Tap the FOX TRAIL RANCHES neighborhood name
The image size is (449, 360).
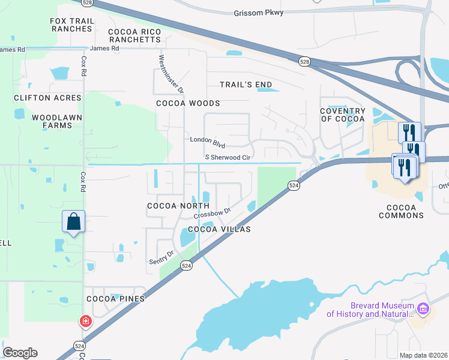(x=72, y=25)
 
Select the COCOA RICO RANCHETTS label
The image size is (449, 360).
(x=134, y=35)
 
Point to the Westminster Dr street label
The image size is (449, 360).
(x=170, y=74)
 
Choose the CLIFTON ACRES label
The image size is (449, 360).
(x=47, y=98)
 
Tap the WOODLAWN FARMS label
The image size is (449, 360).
(x=52, y=121)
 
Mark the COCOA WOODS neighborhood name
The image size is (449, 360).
(x=188, y=103)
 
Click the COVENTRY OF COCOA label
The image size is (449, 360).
(x=342, y=115)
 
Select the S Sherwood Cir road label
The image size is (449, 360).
(x=228, y=157)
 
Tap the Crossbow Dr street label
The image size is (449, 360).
(x=212, y=214)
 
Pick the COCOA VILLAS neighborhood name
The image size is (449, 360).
(x=218, y=229)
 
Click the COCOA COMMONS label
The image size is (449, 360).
(x=401, y=211)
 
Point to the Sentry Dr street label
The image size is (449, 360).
(x=161, y=258)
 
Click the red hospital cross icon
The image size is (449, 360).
(x=86, y=322)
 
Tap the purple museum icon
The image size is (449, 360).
(x=424, y=309)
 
